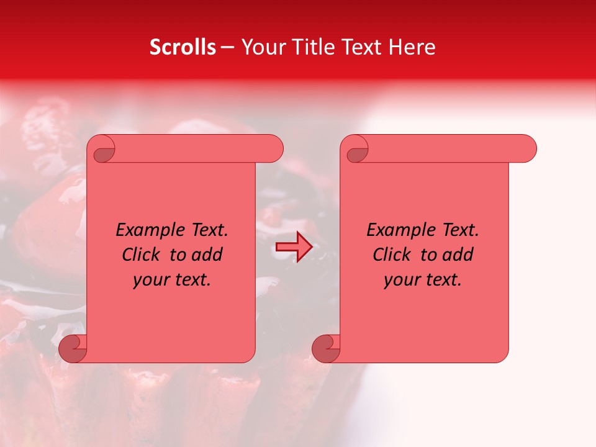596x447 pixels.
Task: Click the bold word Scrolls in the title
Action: pos(183,47)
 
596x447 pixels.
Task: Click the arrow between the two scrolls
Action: pos(294,247)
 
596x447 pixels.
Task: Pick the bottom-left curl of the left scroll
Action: pos(72,348)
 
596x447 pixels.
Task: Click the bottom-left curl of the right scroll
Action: pos(325,348)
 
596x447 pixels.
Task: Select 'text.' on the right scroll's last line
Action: pos(443,280)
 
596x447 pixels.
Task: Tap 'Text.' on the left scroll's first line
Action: pos(209,230)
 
